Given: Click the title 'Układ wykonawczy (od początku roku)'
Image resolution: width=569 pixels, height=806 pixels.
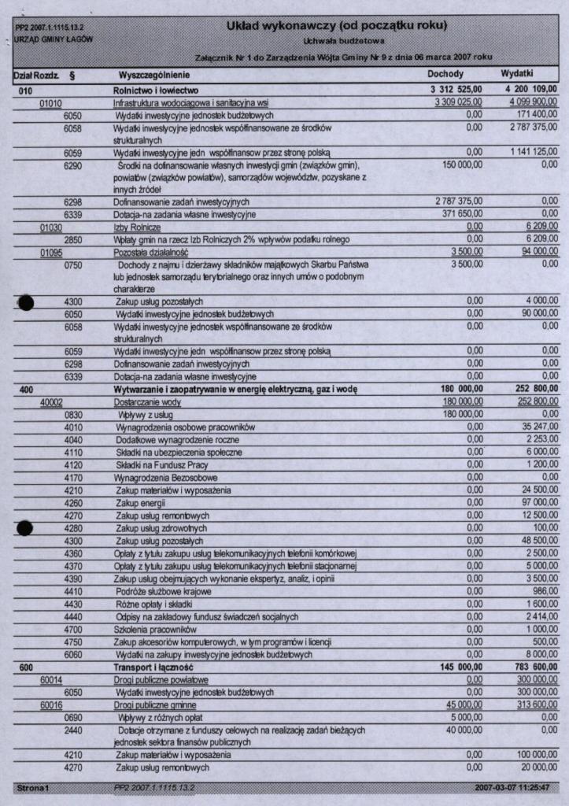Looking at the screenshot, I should pos(337,26).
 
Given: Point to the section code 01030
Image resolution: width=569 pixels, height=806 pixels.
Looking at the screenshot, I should pos(52,227).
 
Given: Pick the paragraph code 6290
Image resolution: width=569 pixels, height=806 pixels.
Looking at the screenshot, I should pos(73,165).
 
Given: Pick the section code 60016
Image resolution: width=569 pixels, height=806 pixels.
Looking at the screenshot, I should pos(52,704).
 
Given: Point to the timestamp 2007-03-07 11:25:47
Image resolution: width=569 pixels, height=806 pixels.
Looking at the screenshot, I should pos(512,787).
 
